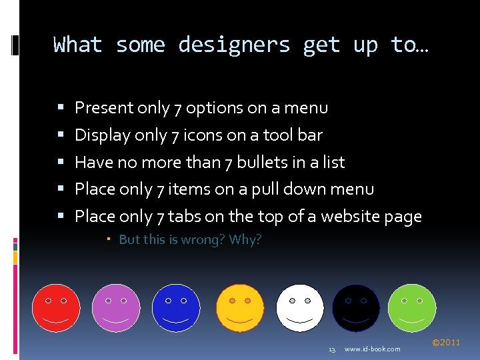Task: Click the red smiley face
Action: pyautogui.click(x=56, y=308)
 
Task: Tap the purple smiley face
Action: pyautogui.click(x=116, y=308)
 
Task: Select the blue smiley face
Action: pyautogui.click(x=176, y=308)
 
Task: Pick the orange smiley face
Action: pyautogui.click(x=239, y=308)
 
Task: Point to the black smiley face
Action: pyautogui.click(x=356, y=308)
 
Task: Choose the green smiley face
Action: pyautogui.click(x=411, y=308)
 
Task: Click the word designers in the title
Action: pyautogui.click(x=234, y=45)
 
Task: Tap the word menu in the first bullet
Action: pyautogui.click(x=309, y=107)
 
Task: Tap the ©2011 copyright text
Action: pyautogui.click(x=446, y=343)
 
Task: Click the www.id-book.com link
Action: pyautogui.click(x=373, y=349)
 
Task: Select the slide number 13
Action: pyautogui.click(x=332, y=349)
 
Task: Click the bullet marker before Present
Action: pyautogui.click(x=61, y=107)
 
